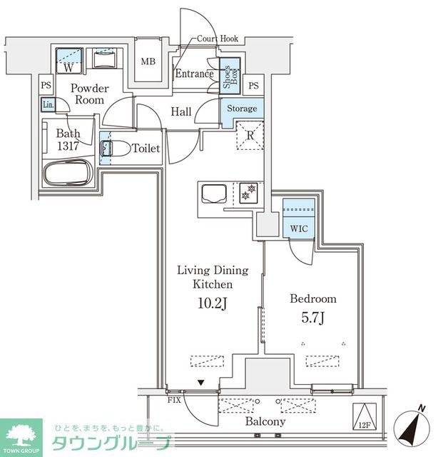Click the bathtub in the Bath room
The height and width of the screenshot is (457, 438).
pyautogui.click(x=68, y=173)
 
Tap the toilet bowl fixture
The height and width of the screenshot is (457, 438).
pyautogui.click(x=116, y=149)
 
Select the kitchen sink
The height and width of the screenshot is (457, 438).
pyautogui.click(x=214, y=194)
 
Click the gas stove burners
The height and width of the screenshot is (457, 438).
pyautogui.click(x=248, y=193)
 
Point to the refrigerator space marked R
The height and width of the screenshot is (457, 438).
pyautogui.click(x=250, y=136)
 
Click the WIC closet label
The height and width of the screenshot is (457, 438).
pyautogui.click(x=299, y=228)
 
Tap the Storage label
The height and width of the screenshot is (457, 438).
pyautogui.click(x=242, y=109)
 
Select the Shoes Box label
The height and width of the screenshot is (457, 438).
pyautogui.click(x=230, y=76)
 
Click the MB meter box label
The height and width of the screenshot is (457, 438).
pyautogui.click(x=148, y=61)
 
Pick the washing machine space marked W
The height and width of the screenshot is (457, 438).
pyautogui.click(x=68, y=61)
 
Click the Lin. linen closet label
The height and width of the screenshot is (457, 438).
pyautogui.click(x=49, y=105)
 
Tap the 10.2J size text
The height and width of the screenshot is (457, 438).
pyautogui.click(x=213, y=303)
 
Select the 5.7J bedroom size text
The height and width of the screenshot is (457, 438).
pyautogui.click(x=312, y=318)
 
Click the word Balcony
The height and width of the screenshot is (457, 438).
pyautogui.click(x=265, y=421)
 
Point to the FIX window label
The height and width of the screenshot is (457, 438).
pyautogui.click(x=174, y=401)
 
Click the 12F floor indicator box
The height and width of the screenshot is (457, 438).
pyautogui.click(x=365, y=416)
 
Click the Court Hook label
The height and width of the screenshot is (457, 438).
pyautogui.click(x=218, y=39)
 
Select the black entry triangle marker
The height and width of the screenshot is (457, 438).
pyautogui.click(x=201, y=383)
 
